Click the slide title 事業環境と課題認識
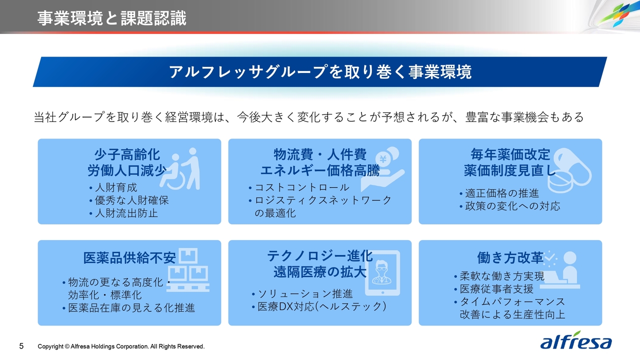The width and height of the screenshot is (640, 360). click(x=111, y=18)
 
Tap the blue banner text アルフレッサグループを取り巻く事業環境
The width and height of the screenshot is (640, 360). click(x=320, y=71)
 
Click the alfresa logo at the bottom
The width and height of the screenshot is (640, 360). click(x=576, y=340)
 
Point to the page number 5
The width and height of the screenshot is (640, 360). click(x=21, y=346)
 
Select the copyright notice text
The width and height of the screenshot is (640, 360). click(x=121, y=346)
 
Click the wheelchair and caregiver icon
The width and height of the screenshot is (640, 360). click(x=180, y=168)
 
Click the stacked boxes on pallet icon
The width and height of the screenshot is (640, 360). click(x=187, y=269)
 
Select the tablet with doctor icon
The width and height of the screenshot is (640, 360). click(x=382, y=273)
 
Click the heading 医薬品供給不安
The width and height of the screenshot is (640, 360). click(x=129, y=258)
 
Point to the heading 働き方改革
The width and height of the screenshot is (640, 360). click(x=510, y=258)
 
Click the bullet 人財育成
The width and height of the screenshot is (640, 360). click(x=113, y=187)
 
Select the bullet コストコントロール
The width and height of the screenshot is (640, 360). click(x=299, y=187)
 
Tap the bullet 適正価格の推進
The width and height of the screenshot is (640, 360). click(x=499, y=193)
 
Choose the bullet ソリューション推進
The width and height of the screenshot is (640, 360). click(x=302, y=294)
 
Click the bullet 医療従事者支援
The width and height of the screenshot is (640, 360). click(x=494, y=289)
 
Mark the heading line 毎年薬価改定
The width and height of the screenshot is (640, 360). click(x=510, y=155)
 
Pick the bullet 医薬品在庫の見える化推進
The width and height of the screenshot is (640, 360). click(x=129, y=308)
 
